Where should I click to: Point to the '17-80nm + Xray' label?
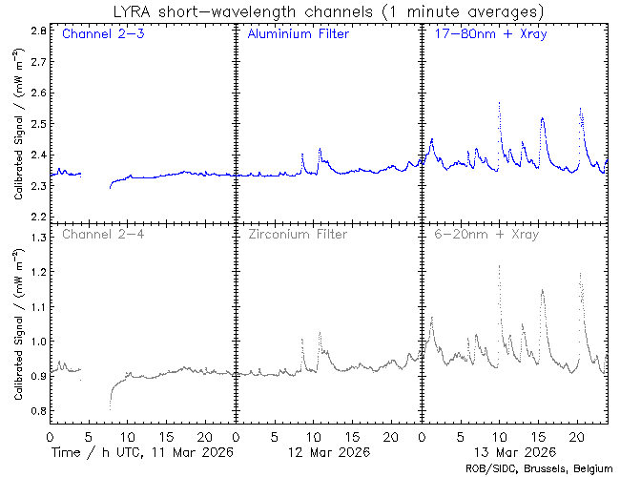point(486,35)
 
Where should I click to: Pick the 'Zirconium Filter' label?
point(298,234)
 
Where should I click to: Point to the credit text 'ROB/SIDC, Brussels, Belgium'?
point(539,468)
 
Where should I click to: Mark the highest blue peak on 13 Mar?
point(499,102)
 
